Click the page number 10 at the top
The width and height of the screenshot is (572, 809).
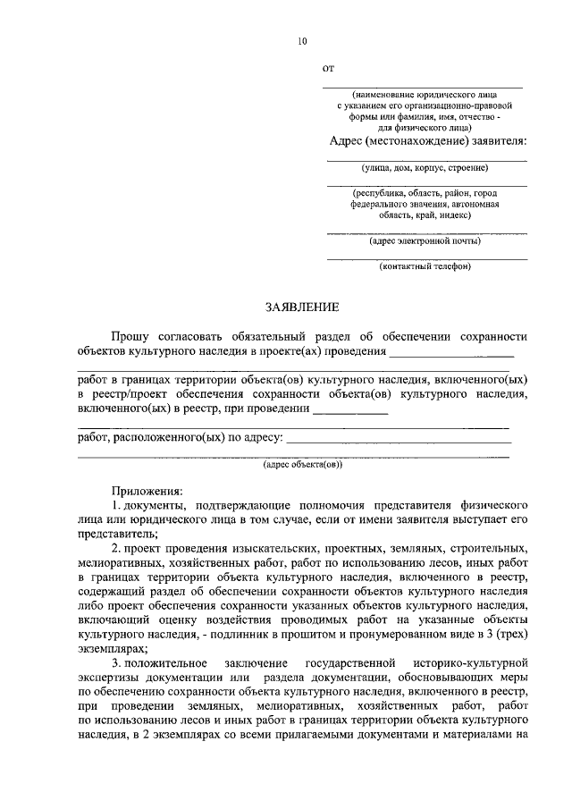302,41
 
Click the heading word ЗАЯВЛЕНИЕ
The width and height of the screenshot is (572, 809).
302,308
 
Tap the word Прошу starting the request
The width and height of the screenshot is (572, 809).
130,336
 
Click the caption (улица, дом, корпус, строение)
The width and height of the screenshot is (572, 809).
425,167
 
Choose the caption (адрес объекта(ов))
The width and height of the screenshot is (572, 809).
302,465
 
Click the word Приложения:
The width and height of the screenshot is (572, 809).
147,491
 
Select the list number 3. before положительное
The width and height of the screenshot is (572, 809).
116,662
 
